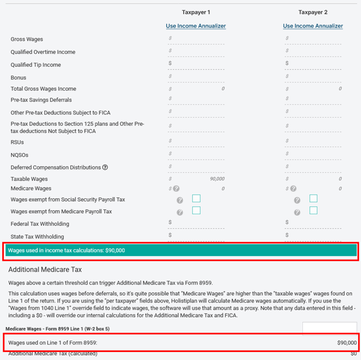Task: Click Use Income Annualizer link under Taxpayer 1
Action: (x=196, y=26)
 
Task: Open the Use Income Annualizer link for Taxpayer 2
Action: (x=313, y=26)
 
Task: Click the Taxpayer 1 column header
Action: (x=196, y=12)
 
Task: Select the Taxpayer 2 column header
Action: (x=313, y=12)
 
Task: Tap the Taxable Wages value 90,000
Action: (x=217, y=179)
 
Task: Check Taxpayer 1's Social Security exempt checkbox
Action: (x=196, y=199)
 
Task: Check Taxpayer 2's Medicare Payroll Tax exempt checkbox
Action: (x=314, y=210)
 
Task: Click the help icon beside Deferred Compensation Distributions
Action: (x=105, y=167)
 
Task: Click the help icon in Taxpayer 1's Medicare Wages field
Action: (x=176, y=188)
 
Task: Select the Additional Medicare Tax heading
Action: (x=45, y=269)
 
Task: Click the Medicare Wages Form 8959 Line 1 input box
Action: (x=329, y=328)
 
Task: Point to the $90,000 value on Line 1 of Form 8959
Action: (x=347, y=342)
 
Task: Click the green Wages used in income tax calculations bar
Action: (x=181, y=250)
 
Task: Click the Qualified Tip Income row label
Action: (x=36, y=65)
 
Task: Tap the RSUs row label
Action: (x=17, y=142)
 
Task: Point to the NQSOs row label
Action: (x=19, y=154)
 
